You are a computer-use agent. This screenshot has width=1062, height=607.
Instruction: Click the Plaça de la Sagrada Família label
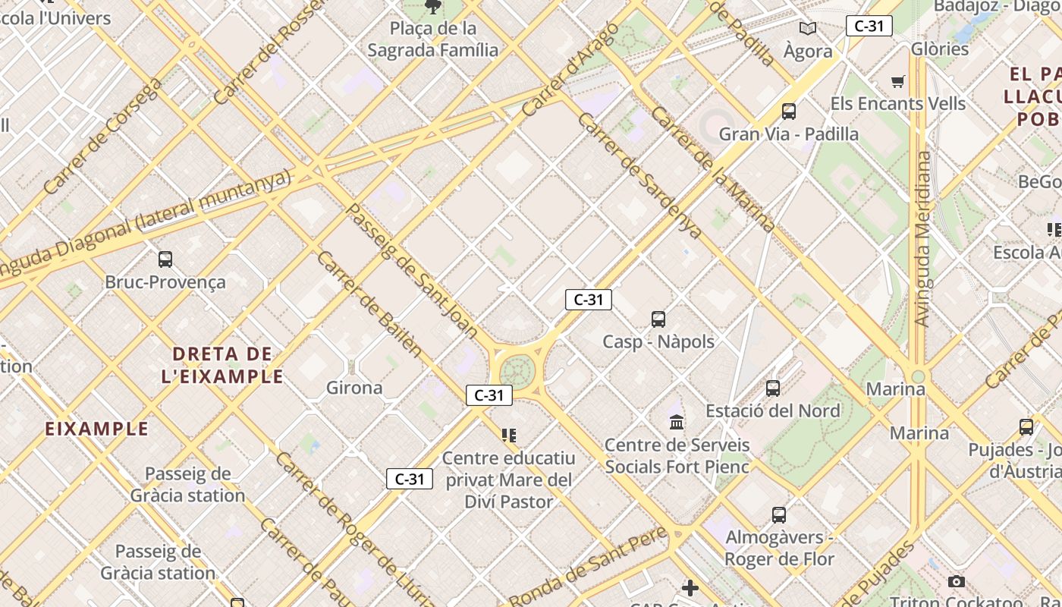433,39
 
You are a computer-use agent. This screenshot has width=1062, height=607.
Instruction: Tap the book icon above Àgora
808,29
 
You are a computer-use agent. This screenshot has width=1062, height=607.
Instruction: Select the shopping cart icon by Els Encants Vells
898,81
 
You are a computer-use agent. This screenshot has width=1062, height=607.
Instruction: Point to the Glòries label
941,49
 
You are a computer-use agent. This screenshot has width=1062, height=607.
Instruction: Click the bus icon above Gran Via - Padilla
789,112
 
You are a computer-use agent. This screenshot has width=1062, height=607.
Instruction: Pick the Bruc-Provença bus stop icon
165,259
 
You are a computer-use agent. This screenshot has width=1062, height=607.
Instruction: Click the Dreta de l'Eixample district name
222,365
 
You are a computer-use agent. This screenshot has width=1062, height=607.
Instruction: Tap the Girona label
354,388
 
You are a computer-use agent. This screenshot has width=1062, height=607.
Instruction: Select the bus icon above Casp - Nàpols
658,319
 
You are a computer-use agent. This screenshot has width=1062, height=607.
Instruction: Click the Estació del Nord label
772,410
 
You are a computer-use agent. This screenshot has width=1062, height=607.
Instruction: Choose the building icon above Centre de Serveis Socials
677,422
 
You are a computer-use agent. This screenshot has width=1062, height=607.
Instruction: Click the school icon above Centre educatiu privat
508,436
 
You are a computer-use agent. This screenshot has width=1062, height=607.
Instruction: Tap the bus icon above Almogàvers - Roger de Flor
779,515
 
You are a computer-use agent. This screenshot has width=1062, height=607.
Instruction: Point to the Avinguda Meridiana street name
922,239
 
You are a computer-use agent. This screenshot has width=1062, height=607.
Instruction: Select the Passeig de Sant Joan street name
412,270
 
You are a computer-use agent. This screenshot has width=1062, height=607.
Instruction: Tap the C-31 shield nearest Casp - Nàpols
589,300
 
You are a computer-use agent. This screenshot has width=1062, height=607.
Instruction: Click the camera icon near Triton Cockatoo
957,582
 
